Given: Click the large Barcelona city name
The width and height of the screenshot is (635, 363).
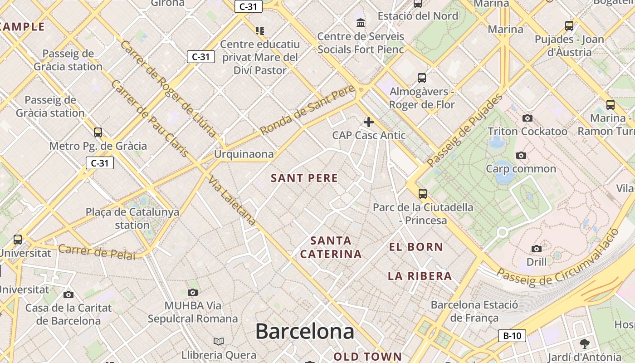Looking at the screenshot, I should coord(304,331).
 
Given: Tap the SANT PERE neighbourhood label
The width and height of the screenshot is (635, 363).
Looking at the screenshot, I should coord(304,178).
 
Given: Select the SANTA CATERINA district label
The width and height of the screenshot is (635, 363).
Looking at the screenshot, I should coord(331,247).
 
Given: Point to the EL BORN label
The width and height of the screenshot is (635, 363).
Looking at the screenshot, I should coord(416,247).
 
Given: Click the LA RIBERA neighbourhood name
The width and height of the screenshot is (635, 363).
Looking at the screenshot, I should coord(420,276).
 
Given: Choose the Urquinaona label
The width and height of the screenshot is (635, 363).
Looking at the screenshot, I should coord(244,154).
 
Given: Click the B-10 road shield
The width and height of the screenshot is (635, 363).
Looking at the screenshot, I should coord(512,336).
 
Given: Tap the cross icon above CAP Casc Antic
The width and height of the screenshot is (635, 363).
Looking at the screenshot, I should coord(369,122).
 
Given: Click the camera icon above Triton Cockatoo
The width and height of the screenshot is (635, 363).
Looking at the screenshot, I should coord(527,118).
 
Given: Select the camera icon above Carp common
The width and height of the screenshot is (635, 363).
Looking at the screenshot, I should coord(521,156).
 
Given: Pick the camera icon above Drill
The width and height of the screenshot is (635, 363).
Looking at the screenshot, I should coord(537,249).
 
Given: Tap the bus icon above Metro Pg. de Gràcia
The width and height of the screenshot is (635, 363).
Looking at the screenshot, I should coord(98,132).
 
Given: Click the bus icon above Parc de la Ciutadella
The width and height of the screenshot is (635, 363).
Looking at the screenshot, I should coord(423,194).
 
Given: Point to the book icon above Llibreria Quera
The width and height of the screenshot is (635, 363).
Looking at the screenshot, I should coord(219,341).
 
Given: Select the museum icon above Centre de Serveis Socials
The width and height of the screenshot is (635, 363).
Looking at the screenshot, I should coord(361,23).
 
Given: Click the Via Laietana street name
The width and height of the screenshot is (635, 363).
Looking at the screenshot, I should coord(232,200).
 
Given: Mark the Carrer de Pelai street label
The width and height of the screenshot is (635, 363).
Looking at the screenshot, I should coord(97,252).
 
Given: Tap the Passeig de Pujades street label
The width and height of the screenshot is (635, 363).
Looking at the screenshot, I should coord(465,129).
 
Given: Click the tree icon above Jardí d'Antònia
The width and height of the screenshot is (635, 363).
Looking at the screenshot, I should coord(584,344).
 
